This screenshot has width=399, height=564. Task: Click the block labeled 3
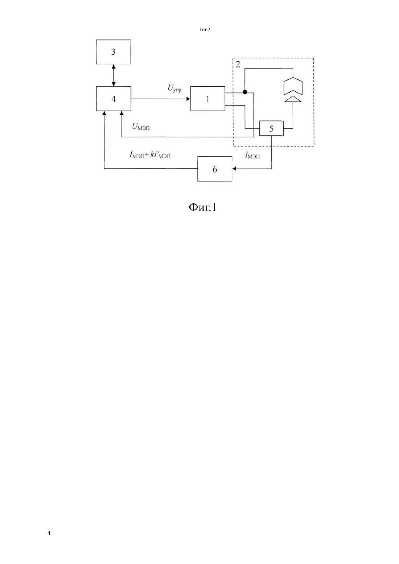[x=114, y=52]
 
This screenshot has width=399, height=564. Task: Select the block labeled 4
[x=114, y=99]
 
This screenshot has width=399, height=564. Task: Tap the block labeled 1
[x=208, y=99]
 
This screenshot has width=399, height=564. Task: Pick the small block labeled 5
[x=271, y=128]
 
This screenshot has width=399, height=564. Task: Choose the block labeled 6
[x=215, y=169]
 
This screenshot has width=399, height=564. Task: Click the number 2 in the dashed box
[x=238, y=65]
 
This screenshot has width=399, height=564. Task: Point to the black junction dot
[x=245, y=92]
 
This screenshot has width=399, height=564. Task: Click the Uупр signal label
[x=174, y=88]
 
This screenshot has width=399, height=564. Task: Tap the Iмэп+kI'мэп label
[x=150, y=155]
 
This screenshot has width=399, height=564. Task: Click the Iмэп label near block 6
[x=252, y=155]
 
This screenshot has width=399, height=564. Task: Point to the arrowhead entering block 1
[x=188, y=99]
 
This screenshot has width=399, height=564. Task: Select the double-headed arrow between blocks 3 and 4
[x=114, y=75]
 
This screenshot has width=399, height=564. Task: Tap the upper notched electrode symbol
[x=293, y=87]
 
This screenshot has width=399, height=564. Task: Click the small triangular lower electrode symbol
[x=293, y=99]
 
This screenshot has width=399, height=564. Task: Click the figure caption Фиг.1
[x=202, y=207]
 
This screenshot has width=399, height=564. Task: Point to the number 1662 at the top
[x=205, y=29]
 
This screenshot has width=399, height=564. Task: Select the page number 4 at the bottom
[x=49, y=533]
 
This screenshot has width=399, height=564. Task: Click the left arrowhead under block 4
[x=104, y=113]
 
